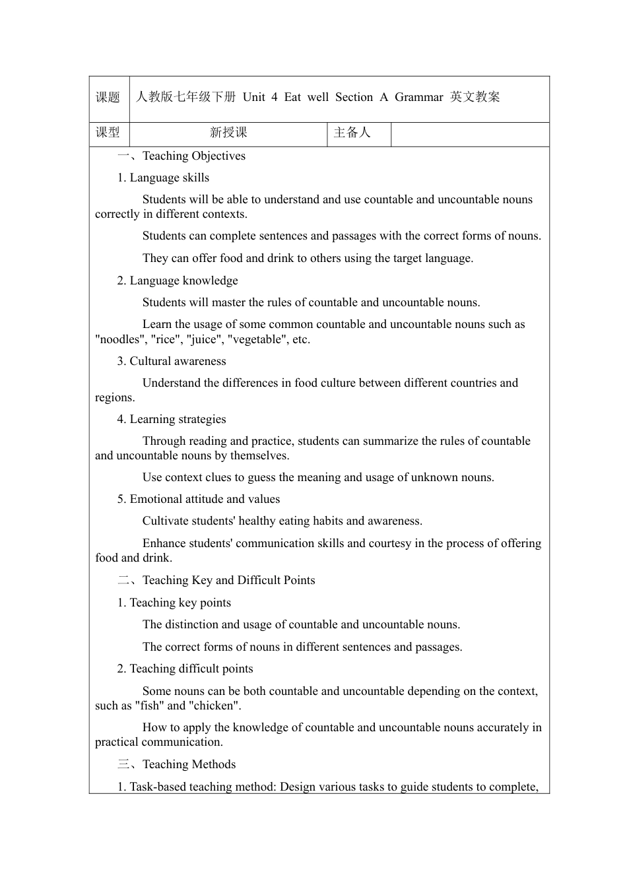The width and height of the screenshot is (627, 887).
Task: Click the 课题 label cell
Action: click(108, 98)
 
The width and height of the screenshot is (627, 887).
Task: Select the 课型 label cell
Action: click(108, 133)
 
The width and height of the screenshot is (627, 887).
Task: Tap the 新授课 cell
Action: click(228, 133)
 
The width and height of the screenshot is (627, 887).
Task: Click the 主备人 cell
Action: click(352, 133)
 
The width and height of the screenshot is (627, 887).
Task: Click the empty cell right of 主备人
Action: click(470, 134)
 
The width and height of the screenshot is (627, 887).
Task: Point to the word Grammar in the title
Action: click(418, 97)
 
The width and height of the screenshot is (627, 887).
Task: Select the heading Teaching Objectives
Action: click(193, 156)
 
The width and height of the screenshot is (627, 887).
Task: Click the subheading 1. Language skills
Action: click(163, 178)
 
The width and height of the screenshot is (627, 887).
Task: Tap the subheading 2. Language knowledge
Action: click(178, 280)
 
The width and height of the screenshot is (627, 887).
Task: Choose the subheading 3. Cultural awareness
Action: click(172, 361)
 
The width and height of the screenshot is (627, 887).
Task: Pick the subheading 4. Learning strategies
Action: click(172, 419)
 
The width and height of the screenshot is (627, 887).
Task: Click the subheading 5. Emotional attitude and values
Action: click(199, 499)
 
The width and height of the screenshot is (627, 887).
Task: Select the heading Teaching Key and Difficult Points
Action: click(228, 580)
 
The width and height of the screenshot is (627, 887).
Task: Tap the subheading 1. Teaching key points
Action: click(174, 603)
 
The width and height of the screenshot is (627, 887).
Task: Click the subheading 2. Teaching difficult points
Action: click(185, 669)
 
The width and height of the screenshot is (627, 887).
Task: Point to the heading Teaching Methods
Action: click(189, 764)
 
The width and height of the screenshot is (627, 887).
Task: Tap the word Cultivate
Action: click(166, 521)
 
